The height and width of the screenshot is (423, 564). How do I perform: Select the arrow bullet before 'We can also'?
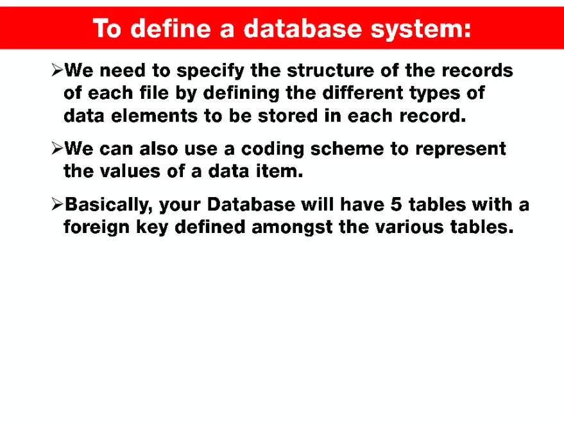tap(56, 150)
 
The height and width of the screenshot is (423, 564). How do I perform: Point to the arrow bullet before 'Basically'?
tap(56, 205)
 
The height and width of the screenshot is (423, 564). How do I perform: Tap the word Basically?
tap(109, 205)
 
